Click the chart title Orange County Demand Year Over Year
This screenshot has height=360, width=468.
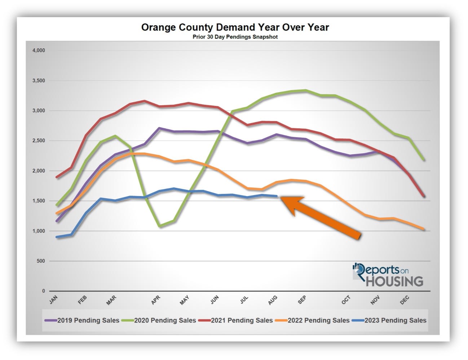[235, 27]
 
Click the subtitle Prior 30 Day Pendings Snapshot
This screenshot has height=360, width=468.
[235, 37]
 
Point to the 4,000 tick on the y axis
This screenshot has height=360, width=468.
[39, 50]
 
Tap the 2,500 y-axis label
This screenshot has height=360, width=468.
[39, 141]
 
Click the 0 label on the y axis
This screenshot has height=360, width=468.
[44, 291]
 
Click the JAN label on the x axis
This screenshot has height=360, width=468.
[53, 299]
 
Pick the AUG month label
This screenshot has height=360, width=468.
[273, 299]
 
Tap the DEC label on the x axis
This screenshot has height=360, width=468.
[405, 299]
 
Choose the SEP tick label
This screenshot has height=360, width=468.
[302, 299]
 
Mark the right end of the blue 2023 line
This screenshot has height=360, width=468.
[276, 196]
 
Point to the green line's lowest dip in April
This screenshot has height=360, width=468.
[160, 226]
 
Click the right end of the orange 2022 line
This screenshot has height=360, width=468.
[423, 229]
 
